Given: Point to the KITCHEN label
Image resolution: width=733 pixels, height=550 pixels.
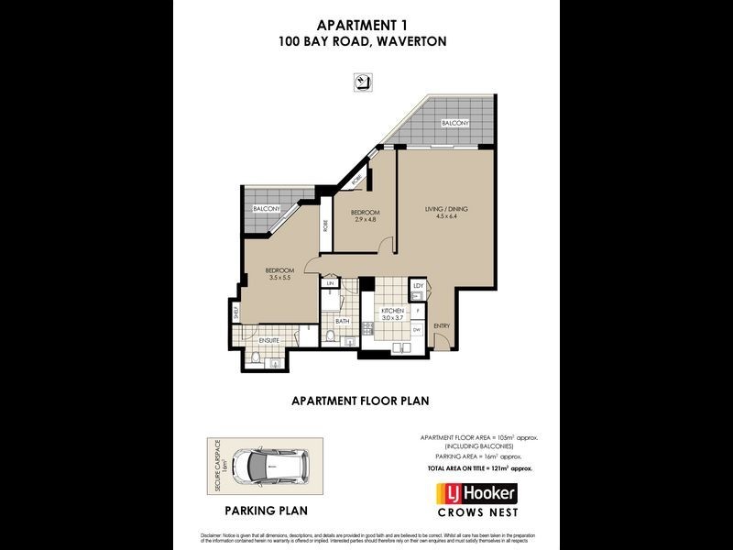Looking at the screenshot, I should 394,312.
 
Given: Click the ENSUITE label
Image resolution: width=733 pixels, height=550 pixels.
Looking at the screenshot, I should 268,340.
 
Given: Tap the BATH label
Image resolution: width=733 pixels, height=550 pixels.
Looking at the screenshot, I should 341,322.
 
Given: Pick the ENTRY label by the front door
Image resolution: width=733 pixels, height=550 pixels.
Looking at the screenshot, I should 443,326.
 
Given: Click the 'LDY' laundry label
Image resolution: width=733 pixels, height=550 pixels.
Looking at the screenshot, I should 417,286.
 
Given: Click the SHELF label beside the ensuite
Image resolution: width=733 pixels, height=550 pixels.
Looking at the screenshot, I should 235,313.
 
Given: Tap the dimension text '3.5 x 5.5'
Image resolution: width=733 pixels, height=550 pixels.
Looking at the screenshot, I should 279,278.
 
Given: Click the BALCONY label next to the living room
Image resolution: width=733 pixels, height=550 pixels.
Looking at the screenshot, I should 455,123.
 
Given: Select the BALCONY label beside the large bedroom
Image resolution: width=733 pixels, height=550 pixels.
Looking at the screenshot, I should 267,209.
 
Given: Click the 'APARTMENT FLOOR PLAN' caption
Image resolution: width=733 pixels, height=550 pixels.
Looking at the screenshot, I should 360,401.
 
